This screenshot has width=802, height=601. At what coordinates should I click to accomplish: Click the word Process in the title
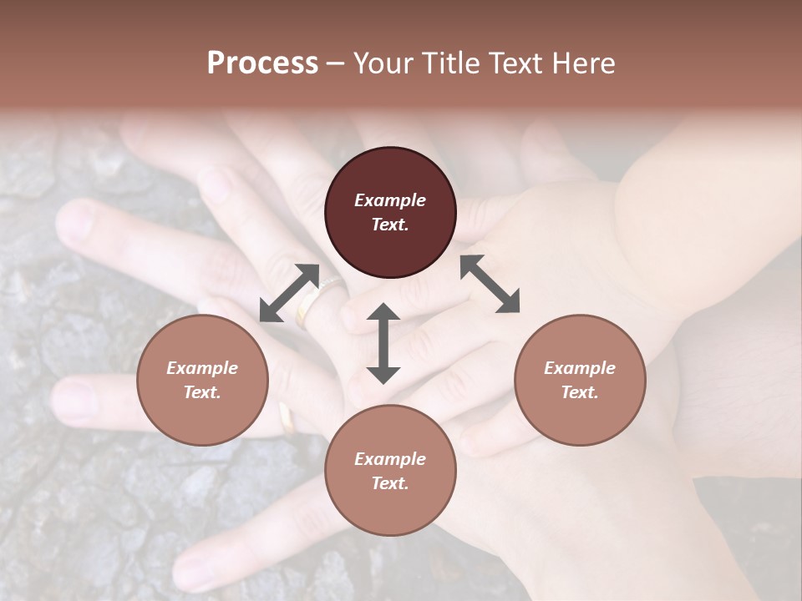pyautogui.click(x=262, y=63)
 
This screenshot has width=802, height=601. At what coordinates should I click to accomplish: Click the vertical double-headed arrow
pyautogui.click(x=383, y=343)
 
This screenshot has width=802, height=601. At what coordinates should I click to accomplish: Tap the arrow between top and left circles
pyautogui.click(x=289, y=293)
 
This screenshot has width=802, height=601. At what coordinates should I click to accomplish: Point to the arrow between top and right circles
pyautogui.click(x=490, y=284)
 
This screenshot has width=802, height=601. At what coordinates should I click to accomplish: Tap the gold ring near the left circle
pyautogui.click(x=287, y=418)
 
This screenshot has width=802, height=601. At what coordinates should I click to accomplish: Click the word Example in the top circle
pyautogui.click(x=390, y=200)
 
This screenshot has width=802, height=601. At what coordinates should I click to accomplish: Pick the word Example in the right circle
pyautogui.click(x=580, y=368)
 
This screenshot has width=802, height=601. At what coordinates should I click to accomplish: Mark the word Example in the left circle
pyautogui.click(x=202, y=368)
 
